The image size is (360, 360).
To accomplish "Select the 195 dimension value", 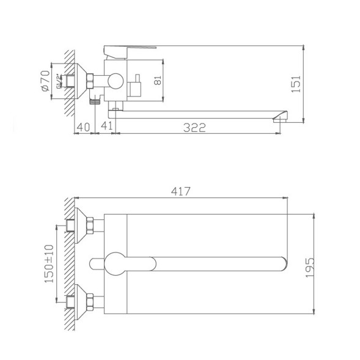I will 309,265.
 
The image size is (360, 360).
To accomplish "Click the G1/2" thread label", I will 59,81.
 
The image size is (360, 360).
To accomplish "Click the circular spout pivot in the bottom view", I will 114,263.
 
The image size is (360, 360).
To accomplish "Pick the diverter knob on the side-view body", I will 136,84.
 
